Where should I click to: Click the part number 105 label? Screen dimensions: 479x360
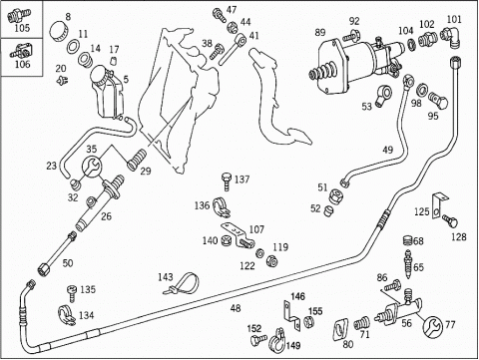point(22,28)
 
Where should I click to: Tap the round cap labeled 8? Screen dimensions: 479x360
point(59,31)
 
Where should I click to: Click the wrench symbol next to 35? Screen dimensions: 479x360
point(92,166)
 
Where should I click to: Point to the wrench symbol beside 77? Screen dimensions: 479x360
point(433,326)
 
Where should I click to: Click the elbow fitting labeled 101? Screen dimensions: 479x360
point(451,37)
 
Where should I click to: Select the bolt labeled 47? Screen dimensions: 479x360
point(219,14)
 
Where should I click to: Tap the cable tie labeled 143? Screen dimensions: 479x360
point(183,283)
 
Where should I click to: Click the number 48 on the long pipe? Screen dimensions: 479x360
point(236,308)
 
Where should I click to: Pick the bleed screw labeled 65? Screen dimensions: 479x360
point(407,263)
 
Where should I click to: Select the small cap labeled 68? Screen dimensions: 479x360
point(408,240)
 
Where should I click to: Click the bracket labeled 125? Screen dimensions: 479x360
point(439,205)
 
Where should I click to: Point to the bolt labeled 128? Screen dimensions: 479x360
point(450,220)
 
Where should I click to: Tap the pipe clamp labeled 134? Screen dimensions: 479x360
point(67,315)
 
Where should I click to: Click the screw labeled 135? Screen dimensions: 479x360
point(72,292)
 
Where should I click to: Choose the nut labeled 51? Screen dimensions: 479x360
point(334,195)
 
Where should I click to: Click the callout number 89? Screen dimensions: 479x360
point(320,33)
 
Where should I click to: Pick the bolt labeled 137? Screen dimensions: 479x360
point(228,181)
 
